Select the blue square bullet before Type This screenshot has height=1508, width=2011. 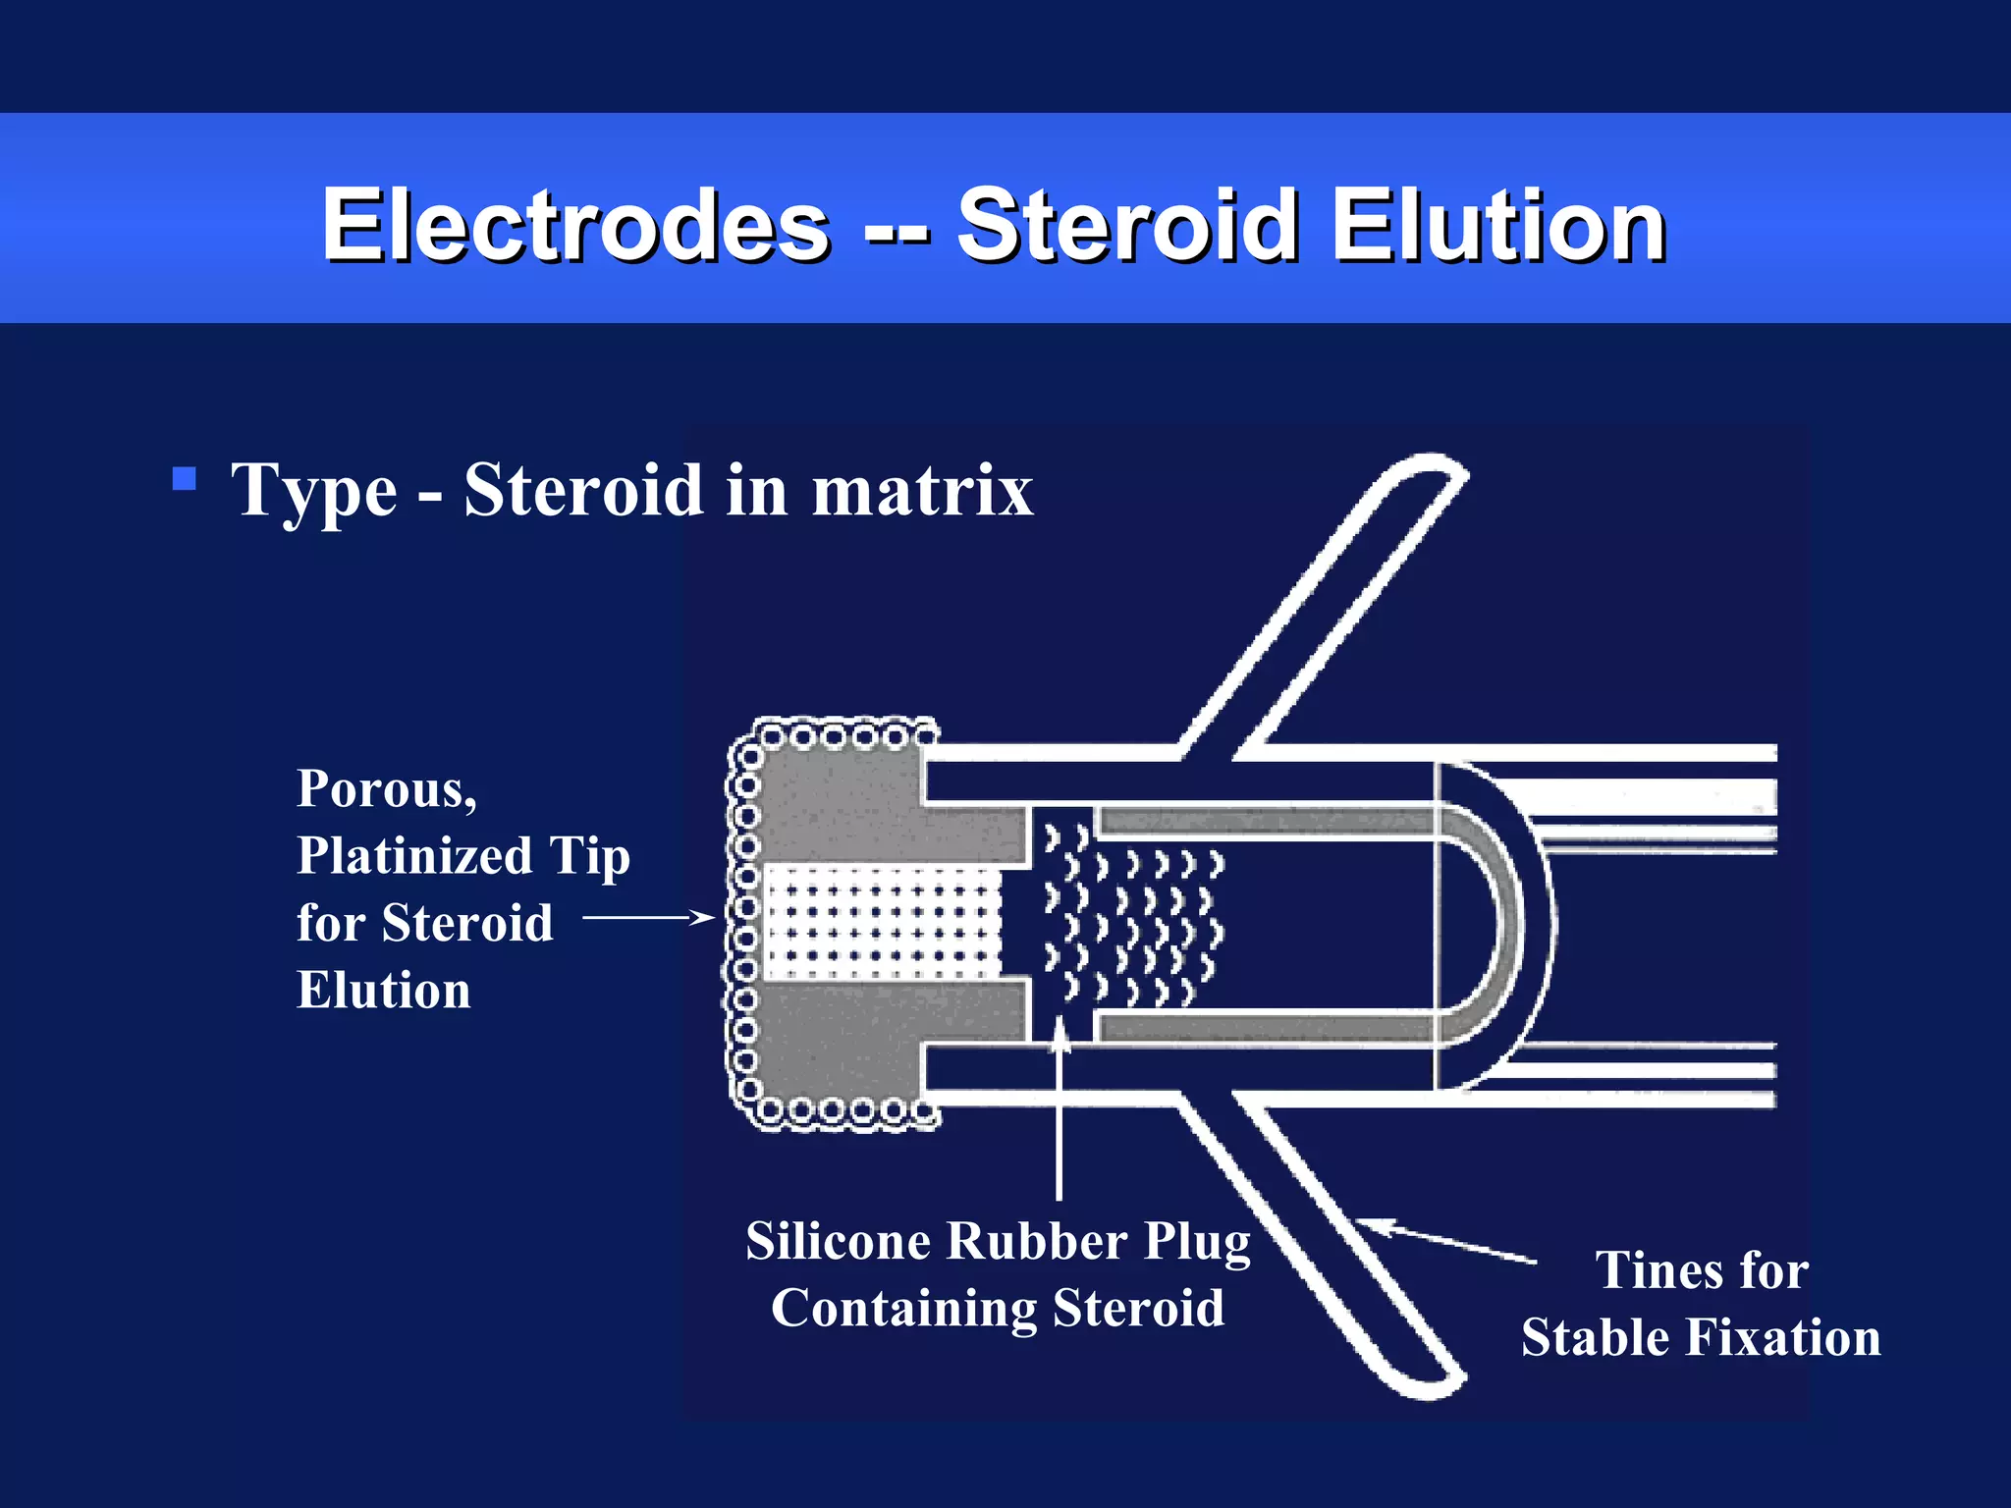(x=184, y=478)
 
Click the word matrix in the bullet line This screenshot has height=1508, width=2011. (x=922, y=490)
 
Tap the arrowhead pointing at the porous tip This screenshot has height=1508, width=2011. (x=702, y=918)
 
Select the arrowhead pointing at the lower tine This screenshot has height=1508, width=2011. (x=1370, y=1224)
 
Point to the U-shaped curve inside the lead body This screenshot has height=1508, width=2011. (x=1502, y=923)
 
